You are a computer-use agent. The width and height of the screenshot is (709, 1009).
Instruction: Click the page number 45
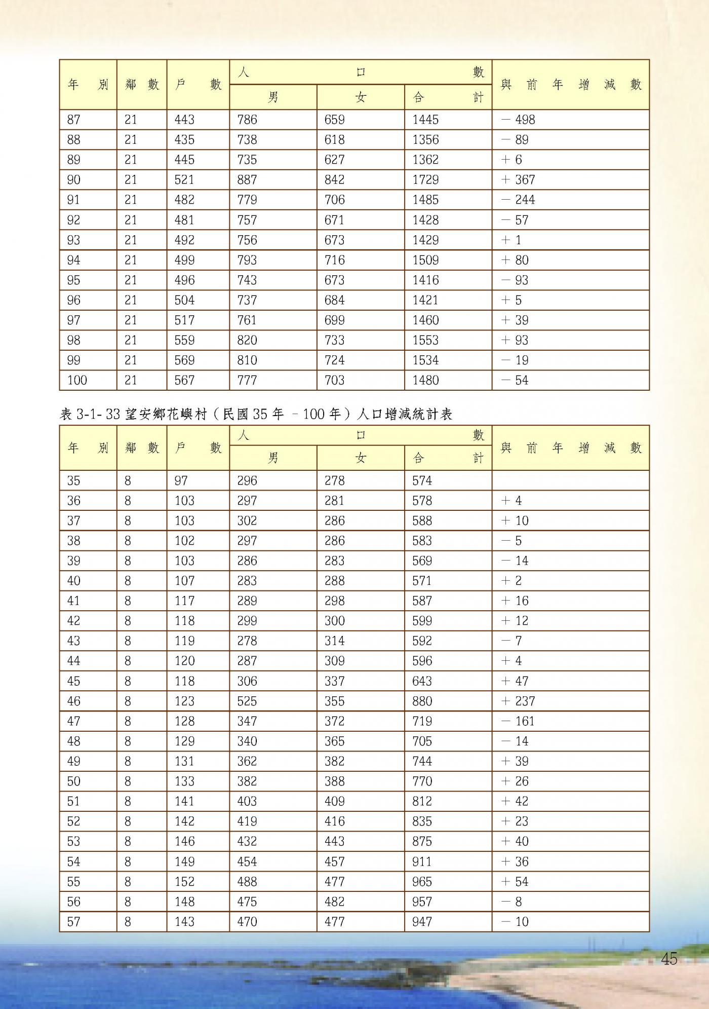(669, 959)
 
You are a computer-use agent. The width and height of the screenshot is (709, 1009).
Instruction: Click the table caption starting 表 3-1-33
(256, 415)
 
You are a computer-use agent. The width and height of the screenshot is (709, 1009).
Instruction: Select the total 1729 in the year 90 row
(425, 180)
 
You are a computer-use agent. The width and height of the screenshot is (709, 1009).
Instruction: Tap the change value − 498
(518, 120)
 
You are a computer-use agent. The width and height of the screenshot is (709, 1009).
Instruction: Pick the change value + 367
(518, 180)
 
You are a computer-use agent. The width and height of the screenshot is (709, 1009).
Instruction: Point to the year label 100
(77, 380)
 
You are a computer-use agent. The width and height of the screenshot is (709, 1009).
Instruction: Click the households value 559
(184, 340)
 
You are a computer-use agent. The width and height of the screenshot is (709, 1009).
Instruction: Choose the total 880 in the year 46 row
(422, 701)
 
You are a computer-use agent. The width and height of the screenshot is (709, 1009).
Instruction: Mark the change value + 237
(518, 701)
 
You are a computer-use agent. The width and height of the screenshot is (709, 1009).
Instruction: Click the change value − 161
(518, 721)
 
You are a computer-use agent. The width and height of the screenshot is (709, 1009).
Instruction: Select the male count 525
(247, 701)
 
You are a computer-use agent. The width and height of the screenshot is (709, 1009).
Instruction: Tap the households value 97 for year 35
(181, 480)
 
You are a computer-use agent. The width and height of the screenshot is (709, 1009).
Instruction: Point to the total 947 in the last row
(422, 921)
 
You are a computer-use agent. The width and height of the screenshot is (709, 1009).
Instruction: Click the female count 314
(334, 641)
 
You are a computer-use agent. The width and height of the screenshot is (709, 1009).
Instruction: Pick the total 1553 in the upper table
(425, 340)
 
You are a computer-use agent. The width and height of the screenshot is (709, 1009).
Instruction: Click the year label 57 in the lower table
(74, 921)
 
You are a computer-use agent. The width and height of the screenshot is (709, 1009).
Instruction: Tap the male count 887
(247, 180)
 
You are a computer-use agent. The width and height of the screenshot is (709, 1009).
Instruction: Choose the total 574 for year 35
(422, 480)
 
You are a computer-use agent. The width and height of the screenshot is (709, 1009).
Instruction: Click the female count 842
(334, 180)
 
